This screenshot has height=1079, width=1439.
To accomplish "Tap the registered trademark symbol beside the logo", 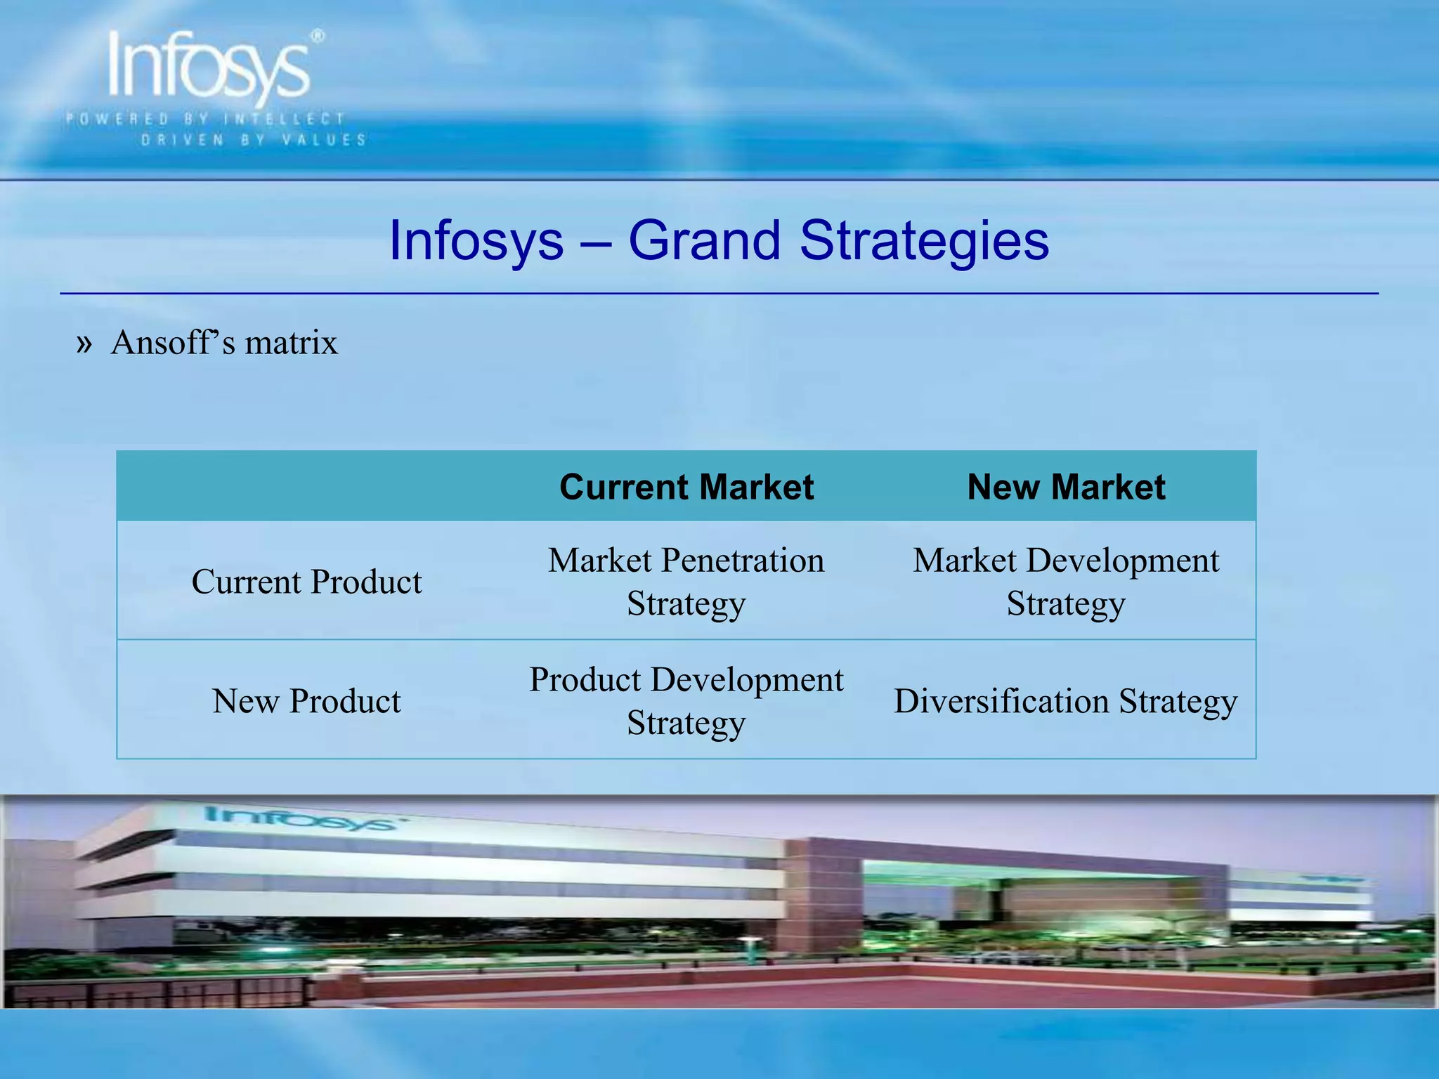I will [318, 36].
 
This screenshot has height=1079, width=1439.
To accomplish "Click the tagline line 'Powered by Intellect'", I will [205, 119].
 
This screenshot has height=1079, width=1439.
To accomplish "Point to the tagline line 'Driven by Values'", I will [254, 140].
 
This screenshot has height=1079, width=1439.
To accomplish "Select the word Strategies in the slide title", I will [924, 240].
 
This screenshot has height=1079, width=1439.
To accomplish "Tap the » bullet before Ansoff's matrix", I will [84, 344].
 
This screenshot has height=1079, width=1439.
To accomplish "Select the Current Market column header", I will [686, 487].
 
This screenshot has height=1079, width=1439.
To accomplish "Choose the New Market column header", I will [1066, 487].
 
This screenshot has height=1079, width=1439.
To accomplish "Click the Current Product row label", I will [307, 582].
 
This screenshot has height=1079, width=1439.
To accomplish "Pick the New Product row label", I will [307, 701].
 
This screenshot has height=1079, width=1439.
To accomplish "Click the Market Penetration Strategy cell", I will [686, 582].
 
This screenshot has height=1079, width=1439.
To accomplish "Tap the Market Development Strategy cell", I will [1066, 582].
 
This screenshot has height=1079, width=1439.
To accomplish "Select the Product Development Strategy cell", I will [686, 701].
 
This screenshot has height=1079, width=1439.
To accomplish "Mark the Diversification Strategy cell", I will [1066, 701].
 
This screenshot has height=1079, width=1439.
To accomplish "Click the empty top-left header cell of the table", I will [307, 487].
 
